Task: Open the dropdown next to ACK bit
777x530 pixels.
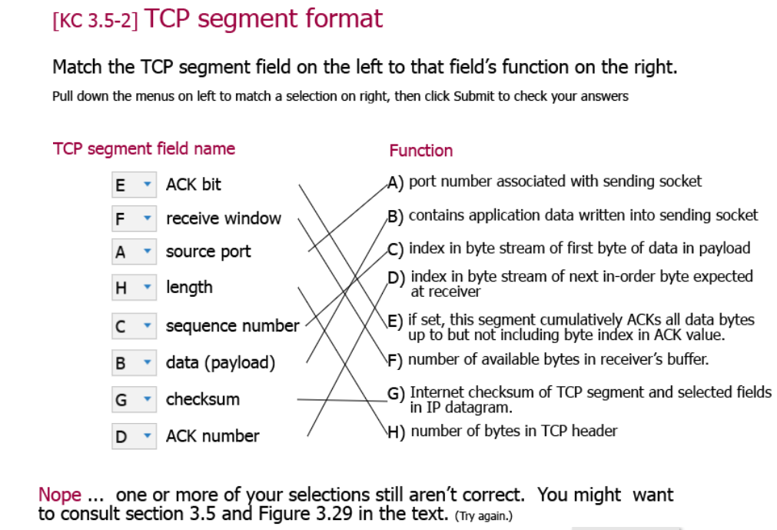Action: coord(134,185)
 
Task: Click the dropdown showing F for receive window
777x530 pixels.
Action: coord(134,218)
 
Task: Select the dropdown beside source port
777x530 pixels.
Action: coord(134,252)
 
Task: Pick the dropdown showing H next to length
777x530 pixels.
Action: coord(134,287)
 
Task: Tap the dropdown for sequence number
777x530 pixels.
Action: coord(134,326)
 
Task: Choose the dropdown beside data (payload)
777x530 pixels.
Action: coord(134,362)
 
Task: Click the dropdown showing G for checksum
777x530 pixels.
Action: coord(134,399)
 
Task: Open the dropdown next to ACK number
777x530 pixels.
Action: coord(134,436)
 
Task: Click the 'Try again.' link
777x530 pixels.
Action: coord(483,515)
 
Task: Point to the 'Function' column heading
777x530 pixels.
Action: coord(420,151)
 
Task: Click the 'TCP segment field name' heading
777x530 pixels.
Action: coord(144,148)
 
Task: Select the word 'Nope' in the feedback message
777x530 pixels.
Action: coord(59,495)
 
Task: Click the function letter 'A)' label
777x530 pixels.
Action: coord(395,182)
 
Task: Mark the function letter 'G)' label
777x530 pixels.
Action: coord(396,393)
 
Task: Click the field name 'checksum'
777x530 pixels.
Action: coord(202,399)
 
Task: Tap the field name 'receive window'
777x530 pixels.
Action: coord(223,218)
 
